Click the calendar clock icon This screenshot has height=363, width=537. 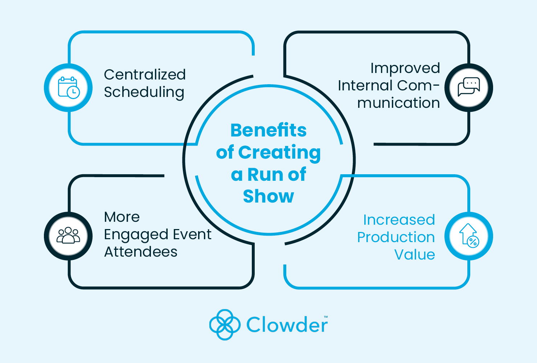coord(69,87)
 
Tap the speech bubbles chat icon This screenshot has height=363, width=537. coord(469,87)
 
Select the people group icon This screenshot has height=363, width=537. coord(68,236)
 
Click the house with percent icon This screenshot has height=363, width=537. coord(469,236)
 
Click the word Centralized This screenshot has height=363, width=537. coord(145,75)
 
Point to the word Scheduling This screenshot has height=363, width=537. coord(144,93)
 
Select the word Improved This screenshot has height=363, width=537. coord(405,68)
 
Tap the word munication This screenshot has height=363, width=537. coord(398,103)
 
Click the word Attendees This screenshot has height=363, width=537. coord(141,252)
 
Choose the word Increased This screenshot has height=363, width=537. coord(399,220)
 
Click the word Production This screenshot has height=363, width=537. coord(396,237)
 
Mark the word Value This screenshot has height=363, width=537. coord(414,255)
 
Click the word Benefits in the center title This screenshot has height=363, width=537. coord(268,130)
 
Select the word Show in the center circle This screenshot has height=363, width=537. coord(268,196)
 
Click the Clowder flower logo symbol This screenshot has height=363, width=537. coord(225,325)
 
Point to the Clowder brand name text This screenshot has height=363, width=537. coord(287,325)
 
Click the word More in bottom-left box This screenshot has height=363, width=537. coord(122,217)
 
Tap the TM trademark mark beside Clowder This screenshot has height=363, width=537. coord(326,317)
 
